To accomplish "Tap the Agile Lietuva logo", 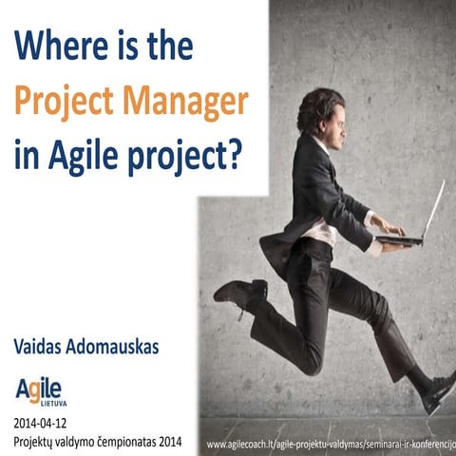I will click(39, 390).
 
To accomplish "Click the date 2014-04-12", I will click(40, 421).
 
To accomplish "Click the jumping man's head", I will click(321, 111).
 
